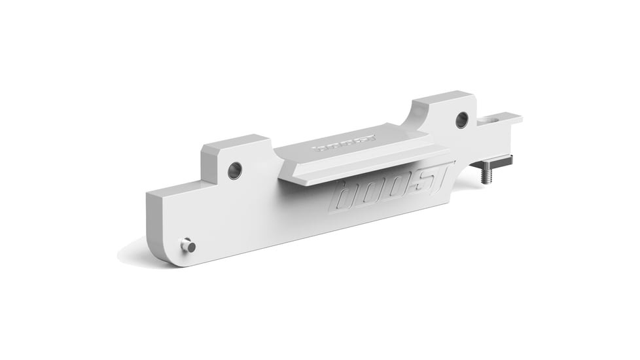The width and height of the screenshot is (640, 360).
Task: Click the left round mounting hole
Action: [235, 170]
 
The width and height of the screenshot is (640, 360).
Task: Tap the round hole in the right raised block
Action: [462, 120]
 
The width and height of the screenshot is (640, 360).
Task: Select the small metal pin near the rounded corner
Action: [188, 245]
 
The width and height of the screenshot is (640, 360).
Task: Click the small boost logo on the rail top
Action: [344, 143]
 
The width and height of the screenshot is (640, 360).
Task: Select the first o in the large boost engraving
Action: [368, 194]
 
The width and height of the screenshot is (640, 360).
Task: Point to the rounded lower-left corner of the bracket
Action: [157, 252]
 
